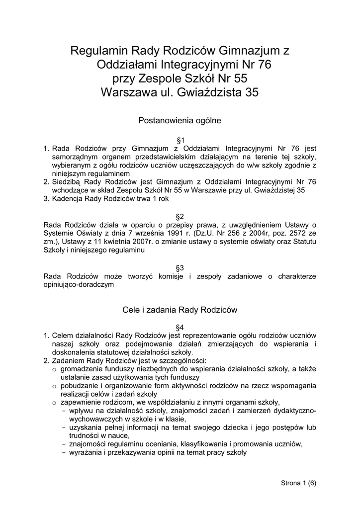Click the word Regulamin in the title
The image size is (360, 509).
(x=98, y=51)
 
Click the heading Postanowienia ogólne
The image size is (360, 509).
(x=180, y=120)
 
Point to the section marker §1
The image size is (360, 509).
(x=180, y=140)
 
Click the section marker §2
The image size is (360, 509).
(x=180, y=216)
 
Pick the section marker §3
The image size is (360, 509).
(x=180, y=267)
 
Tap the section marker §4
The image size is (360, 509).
(x=180, y=327)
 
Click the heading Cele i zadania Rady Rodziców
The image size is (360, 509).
(x=180, y=310)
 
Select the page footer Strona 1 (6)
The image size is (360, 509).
(x=299, y=483)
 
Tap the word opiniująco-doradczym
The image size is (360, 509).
(x=79, y=285)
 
